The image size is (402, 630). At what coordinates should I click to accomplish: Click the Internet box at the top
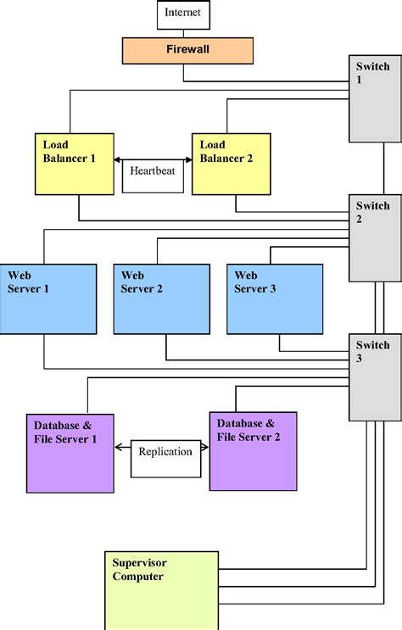[183, 14]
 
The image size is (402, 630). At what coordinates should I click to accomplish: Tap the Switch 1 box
[374, 98]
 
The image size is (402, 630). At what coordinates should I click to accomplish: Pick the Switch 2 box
[374, 237]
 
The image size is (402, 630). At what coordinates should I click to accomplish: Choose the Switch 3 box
[374, 376]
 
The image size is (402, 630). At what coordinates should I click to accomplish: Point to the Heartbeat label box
[153, 175]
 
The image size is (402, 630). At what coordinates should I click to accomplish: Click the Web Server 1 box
[48, 299]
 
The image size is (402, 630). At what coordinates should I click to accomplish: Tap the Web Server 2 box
[161, 299]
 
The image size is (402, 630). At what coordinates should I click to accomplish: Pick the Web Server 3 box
[275, 299]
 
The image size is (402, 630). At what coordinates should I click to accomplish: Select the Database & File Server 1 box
[70, 453]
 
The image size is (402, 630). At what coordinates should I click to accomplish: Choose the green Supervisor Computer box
[160, 590]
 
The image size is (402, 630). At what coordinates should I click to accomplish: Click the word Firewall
[187, 50]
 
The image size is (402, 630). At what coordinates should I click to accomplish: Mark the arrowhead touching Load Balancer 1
[118, 159]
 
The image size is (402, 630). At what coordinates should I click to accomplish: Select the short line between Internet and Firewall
[183, 33]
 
